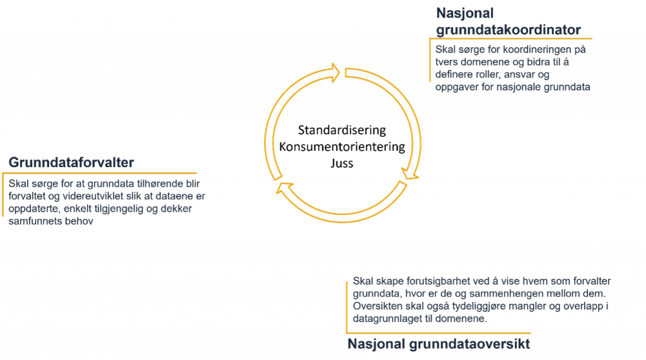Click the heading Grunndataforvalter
(x=71, y=163)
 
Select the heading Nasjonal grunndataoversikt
(x=438, y=344)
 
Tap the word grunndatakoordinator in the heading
(x=508, y=29)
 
